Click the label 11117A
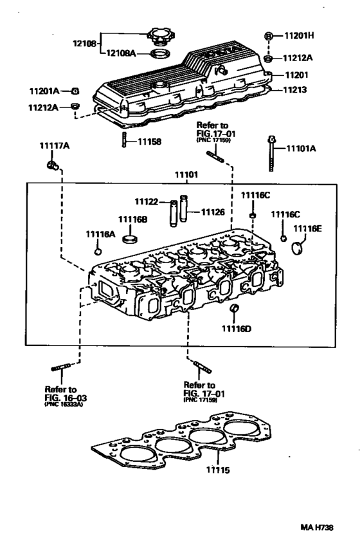pyautogui.click(x=55, y=147)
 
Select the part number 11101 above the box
pyautogui.click(x=187, y=174)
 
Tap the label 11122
pyautogui.click(x=147, y=202)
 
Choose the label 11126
pyautogui.click(x=213, y=211)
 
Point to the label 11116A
pyautogui.click(x=101, y=235)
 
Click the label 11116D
pyautogui.click(x=237, y=329)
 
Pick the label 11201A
pyautogui.click(x=44, y=90)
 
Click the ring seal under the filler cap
pyautogui.click(x=160, y=53)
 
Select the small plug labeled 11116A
pyautogui.click(x=98, y=250)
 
